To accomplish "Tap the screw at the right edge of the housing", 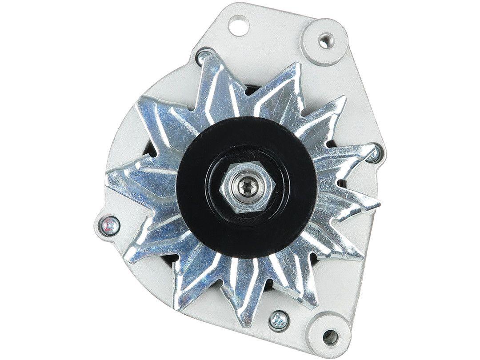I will pyautogui.click(x=372, y=153).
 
